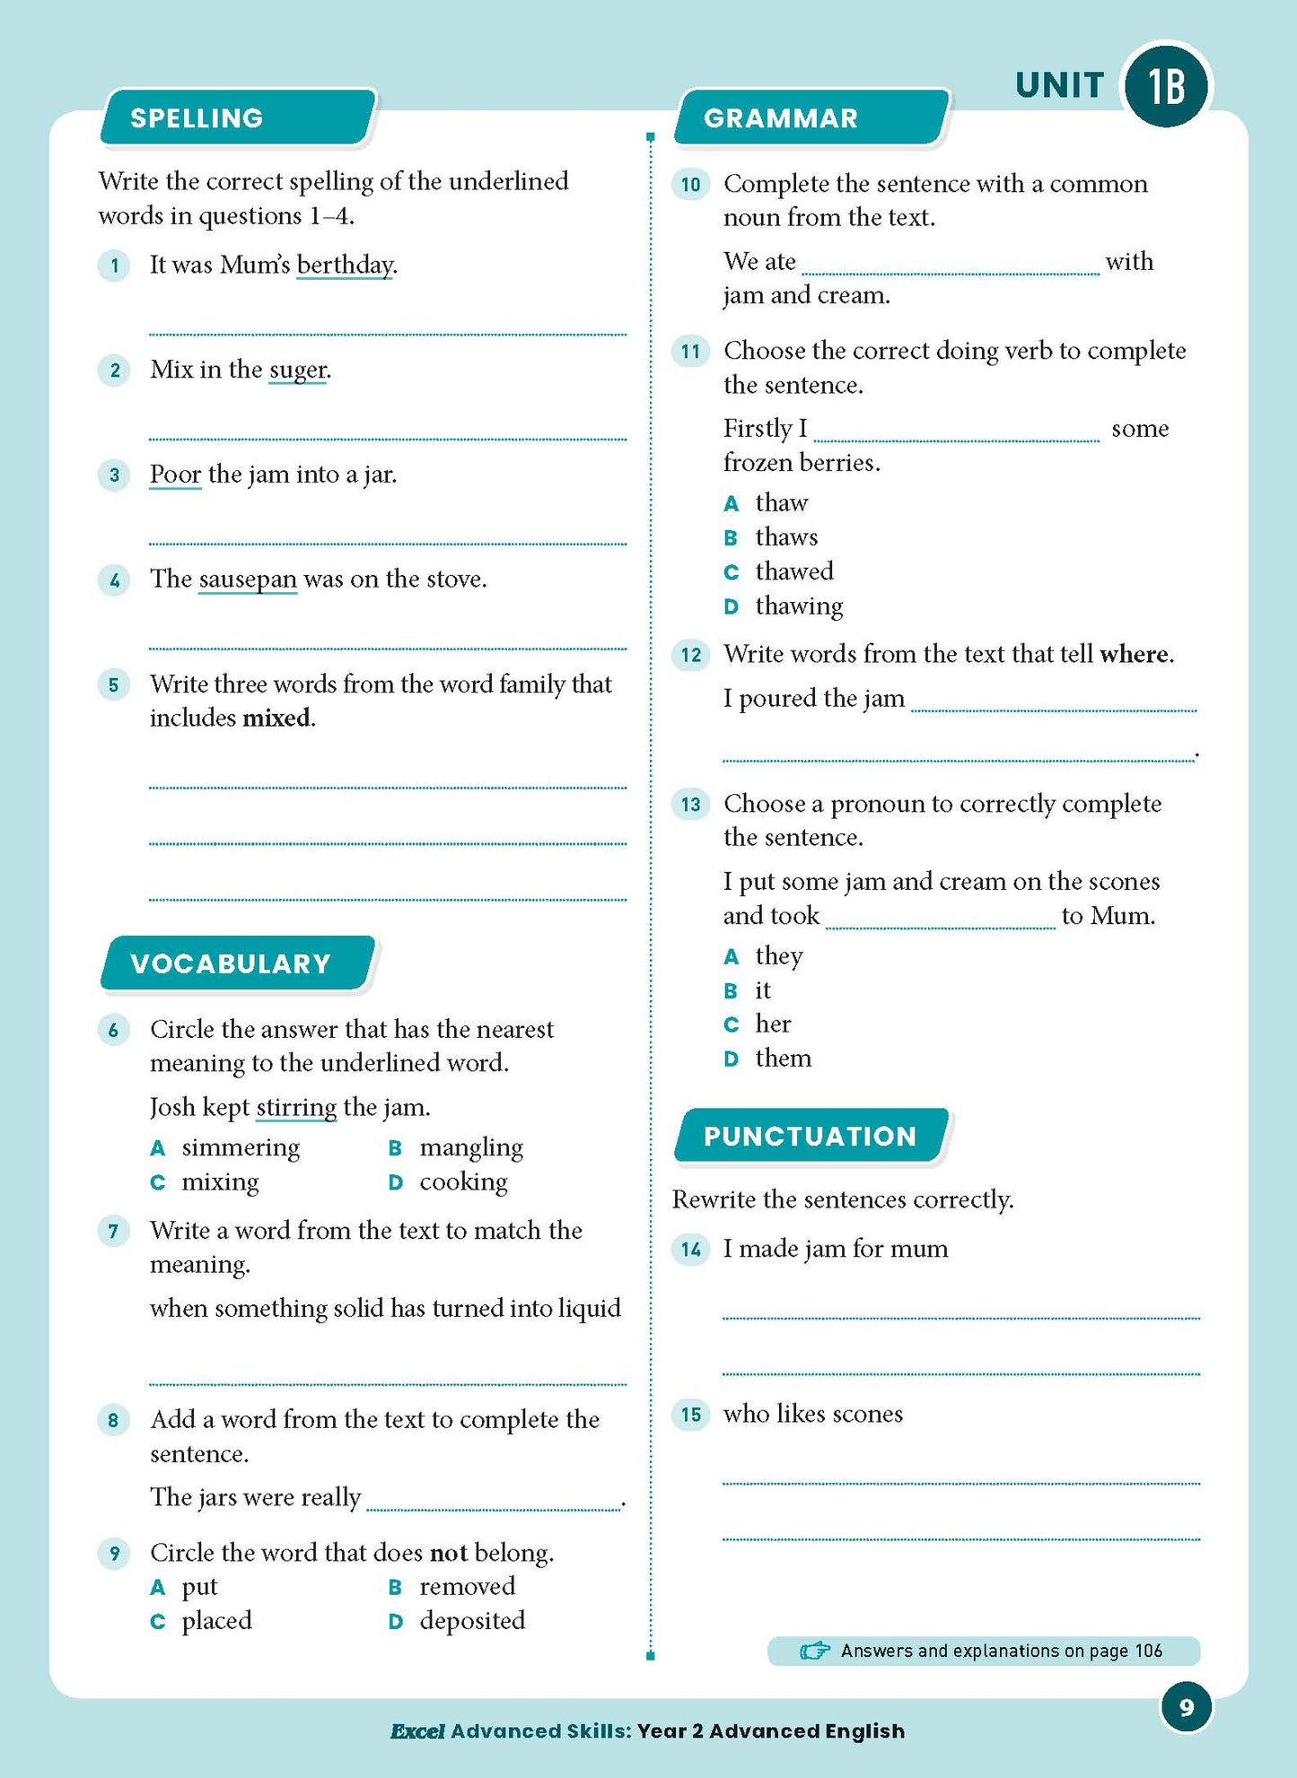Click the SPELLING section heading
[197, 118]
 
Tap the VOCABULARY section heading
[231, 963]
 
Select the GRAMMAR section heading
[781, 118]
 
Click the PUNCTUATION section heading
[810, 1136]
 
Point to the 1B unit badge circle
[1167, 87]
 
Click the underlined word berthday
[345, 266]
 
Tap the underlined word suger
[298, 370]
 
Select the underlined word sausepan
[248, 580]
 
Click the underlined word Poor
[175, 475]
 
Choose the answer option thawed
[794, 571]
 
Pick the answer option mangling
[471, 1147]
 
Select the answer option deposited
[472, 1620]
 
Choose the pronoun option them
[783, 1059]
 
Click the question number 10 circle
[690, 185]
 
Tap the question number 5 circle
[114, 685]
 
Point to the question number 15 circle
[690, 1415]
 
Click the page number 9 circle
[1186, 1707]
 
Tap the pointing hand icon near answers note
[814, 1651]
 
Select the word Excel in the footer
[417, 1731]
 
